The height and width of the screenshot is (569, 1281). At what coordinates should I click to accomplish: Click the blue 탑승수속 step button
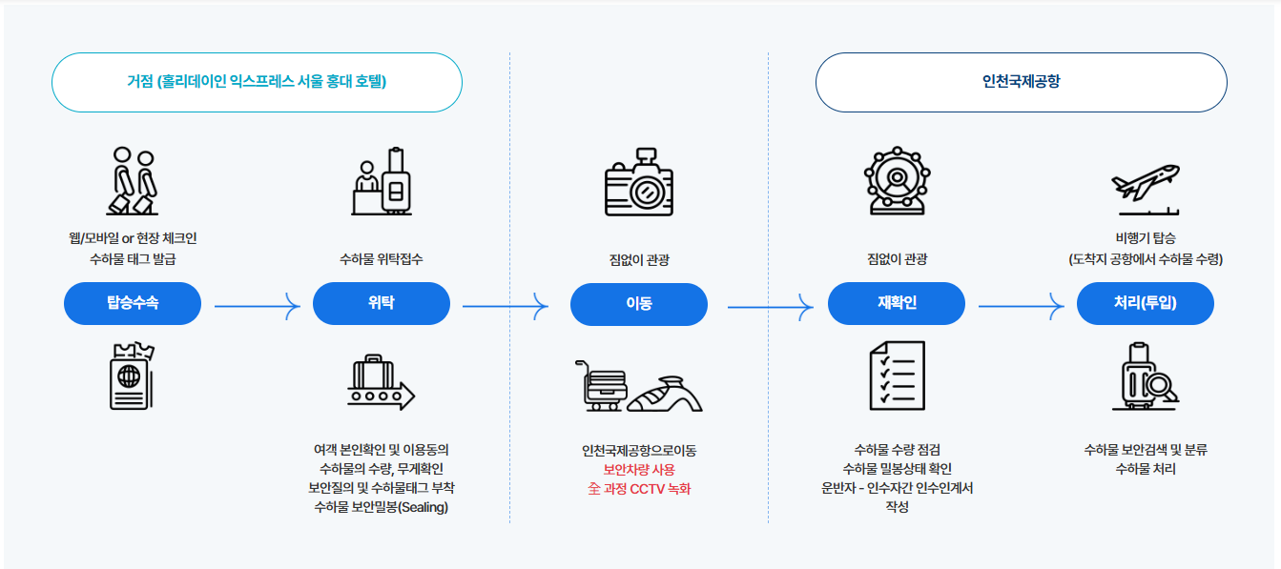pos(133,304)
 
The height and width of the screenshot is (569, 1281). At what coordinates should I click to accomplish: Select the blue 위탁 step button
pos(382,304)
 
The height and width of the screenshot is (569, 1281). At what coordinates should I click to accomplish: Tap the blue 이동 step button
pos(639,304)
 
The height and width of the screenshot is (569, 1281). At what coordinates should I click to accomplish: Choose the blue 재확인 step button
pos(897,304)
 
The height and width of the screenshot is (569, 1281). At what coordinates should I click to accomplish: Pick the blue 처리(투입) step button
pos(1145,304)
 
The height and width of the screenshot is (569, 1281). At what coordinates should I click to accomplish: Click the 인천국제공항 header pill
pos(1021,82)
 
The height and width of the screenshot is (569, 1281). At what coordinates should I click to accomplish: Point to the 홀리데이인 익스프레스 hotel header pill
pos(257,82)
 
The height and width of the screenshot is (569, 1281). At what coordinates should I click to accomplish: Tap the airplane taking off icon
pos(1146,186)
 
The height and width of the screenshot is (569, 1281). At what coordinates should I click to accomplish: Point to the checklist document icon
pos(897,376)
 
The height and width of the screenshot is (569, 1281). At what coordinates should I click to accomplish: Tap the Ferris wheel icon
pos(897,180)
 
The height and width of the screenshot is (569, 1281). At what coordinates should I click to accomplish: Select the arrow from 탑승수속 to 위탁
pos(258,306)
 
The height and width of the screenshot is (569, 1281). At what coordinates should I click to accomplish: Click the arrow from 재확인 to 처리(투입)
pos(1022,306)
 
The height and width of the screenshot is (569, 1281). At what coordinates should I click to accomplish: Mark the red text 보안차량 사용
pos(639,470)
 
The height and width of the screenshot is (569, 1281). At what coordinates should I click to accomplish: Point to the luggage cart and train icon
pos(639,386)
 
